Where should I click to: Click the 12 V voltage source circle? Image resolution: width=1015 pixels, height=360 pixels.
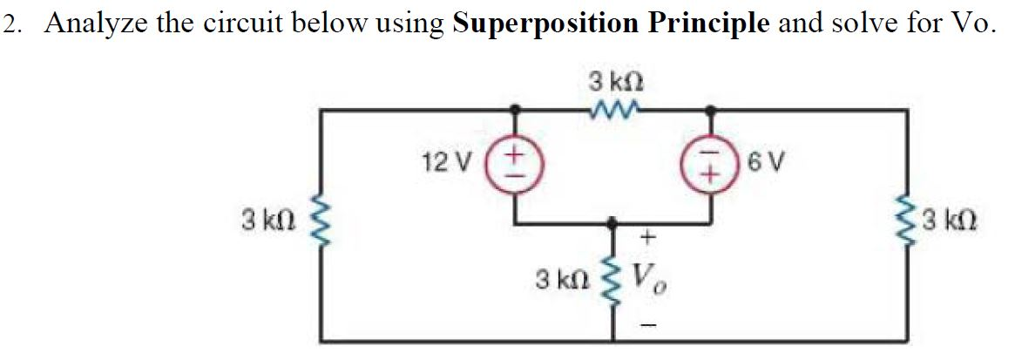click(516, 163)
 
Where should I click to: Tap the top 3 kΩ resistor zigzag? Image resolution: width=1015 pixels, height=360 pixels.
click(614, 110)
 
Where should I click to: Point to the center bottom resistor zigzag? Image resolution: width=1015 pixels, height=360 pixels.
click(615, 280)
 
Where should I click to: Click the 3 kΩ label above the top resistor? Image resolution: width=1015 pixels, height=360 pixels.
click(615, 84)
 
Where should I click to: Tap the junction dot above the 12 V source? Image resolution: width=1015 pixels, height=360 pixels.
click(516, 110)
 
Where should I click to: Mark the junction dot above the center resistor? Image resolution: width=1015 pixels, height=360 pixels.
click(615, 222)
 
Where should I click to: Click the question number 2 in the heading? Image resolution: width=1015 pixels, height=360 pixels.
click(10, 24)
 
